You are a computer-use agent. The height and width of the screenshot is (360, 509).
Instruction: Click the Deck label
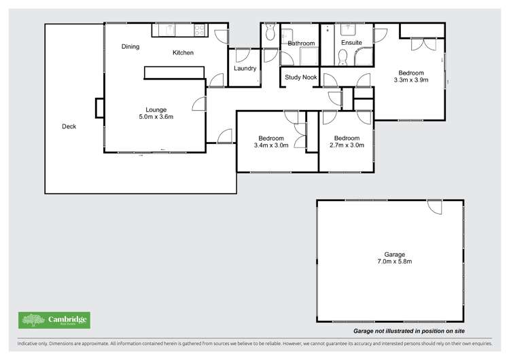[x=69, y=126]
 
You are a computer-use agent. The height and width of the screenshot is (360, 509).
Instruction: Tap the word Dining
[x=130, y=47]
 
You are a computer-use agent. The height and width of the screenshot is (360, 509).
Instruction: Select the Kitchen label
[x=183, y=52]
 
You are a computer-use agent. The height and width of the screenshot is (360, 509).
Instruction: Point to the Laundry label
[x=244, y=69]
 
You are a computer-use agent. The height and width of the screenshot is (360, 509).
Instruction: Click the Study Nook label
[x=300, y=77]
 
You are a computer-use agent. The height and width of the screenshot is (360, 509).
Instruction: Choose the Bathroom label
[x=301, y=43]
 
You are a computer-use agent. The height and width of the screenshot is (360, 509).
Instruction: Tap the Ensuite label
[x=351, y=43]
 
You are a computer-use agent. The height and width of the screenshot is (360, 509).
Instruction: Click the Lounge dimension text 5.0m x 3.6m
[x=156, y=117]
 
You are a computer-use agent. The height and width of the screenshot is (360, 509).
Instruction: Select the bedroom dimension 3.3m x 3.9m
[x=411, y=80]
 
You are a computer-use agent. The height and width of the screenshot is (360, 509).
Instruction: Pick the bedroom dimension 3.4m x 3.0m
[x=271, y=145]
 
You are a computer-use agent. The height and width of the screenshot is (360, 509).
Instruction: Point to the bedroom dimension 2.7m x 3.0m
[x=347, y=145]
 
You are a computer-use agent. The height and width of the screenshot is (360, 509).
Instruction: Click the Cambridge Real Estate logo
[x=54, y=320]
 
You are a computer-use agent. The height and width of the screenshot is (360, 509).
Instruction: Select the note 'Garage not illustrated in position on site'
[x=409, y=331]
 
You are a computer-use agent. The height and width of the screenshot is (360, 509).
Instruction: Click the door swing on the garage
[x=435, y=206]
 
